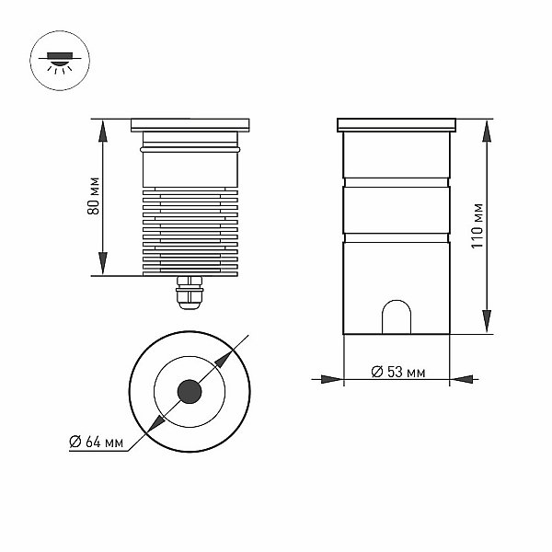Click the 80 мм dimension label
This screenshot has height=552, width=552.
click(x=93, y=196)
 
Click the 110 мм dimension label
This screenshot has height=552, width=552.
click(x=477, y=226)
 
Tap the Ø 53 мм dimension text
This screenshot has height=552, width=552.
click(x=398, y=372)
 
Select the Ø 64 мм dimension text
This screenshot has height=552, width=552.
click(x=96, y=442)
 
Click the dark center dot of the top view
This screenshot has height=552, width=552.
click(x=190, y=392)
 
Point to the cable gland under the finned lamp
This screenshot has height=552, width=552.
click(x=190, y=293)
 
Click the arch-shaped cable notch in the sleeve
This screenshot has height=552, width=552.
click(x=397, y=316)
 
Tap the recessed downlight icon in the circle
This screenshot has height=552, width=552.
click(x=60, y=61)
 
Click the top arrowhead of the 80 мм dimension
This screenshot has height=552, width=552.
click(x=102, y=131)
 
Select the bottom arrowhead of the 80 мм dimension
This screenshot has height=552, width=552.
click(x=102, y=263)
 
